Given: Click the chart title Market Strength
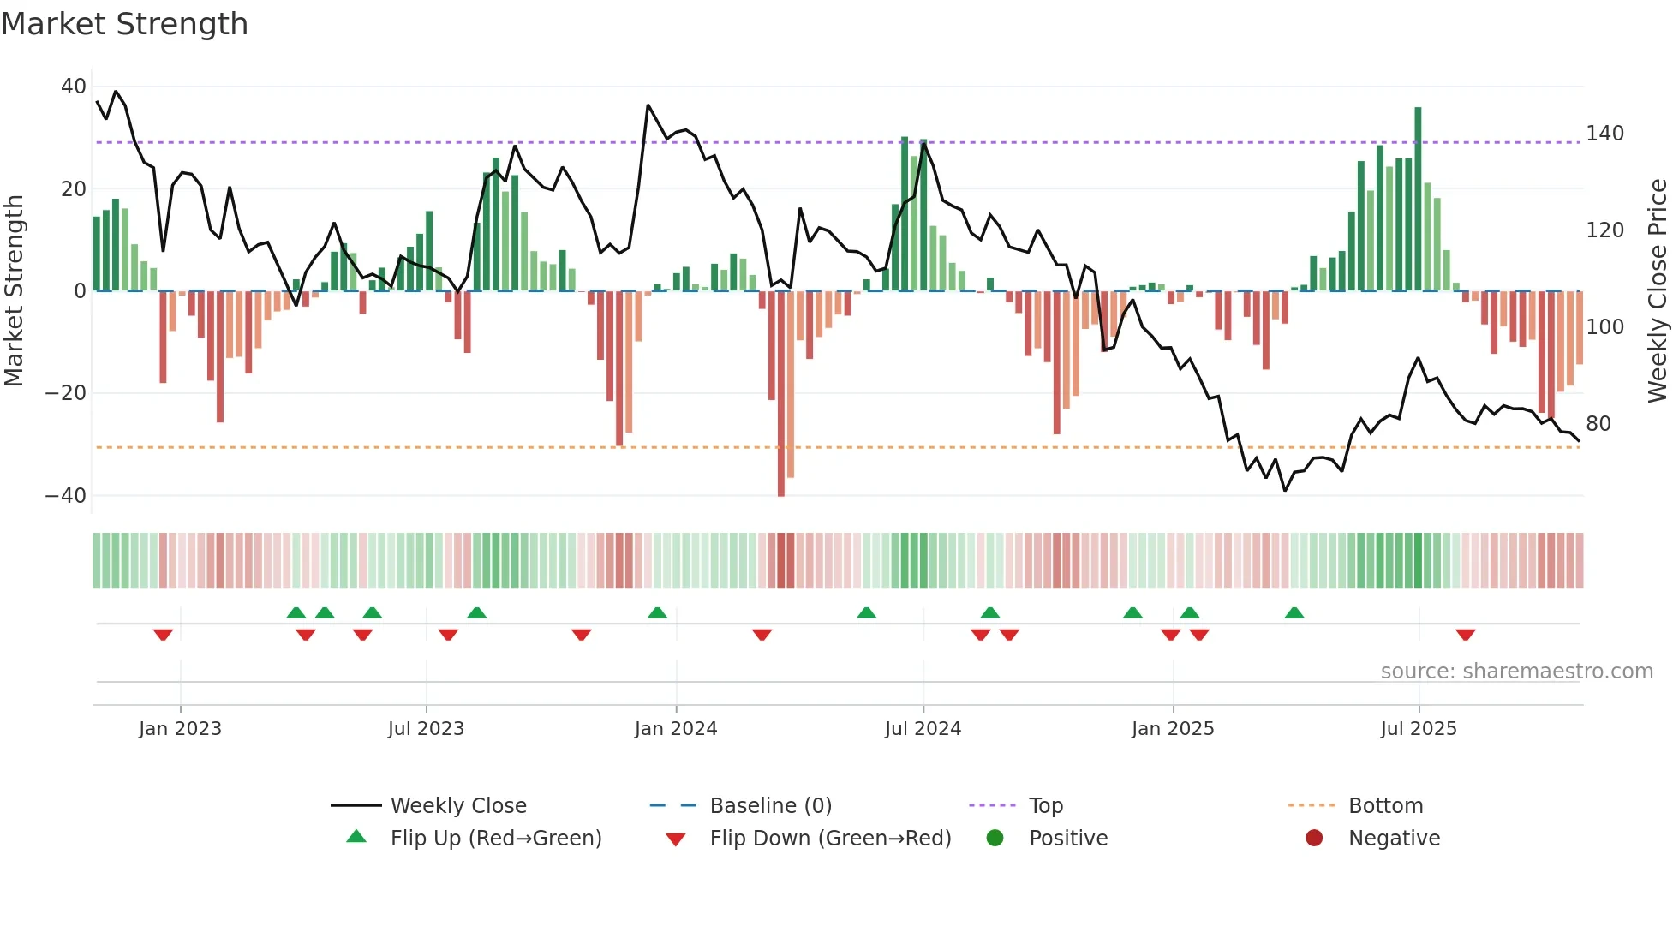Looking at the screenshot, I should pos(124,24).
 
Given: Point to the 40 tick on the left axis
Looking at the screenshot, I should pos(74,87).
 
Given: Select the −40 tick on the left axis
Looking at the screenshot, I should pos(66,496).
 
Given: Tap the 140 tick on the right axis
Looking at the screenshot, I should pos(1604,134).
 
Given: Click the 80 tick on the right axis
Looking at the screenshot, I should pos(1598,424).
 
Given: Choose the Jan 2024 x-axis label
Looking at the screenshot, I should pos(676,729).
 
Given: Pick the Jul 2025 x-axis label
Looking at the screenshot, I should pos(1419,729).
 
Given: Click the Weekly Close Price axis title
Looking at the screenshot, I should pos(1658,291).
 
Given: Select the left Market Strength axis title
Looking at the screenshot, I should pos(15,291).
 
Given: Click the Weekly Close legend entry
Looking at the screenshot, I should pos(458,806).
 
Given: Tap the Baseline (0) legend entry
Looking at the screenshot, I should pos(770,806).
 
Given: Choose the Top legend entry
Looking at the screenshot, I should pos(1045,806).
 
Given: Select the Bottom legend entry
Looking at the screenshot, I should pos(1385,806).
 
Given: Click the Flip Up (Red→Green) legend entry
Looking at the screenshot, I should pos(496,839).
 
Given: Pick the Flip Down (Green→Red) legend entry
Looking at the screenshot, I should pos(830,839).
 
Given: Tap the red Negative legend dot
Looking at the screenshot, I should pos(1314,838).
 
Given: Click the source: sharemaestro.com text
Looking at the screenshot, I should pos(1516,672).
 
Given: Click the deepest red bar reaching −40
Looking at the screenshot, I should pos(781,394).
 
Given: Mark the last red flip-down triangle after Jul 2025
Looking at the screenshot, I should pos(1465,635).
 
